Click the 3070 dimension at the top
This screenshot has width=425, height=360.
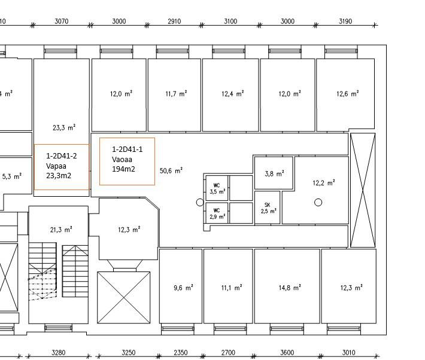[62, 21]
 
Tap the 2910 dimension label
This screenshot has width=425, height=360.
[174, 21]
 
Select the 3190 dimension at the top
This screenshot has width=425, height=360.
[345, 21]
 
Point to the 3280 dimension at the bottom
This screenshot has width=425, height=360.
[59, 352]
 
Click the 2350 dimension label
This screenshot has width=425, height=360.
[181, 352]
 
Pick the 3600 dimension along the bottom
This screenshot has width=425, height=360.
[287, 352]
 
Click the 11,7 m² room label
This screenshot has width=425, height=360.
[176, 94]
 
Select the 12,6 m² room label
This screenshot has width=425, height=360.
[347, 94]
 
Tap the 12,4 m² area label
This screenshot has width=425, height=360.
[233, 94]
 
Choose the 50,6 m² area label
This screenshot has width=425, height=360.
[171, 170]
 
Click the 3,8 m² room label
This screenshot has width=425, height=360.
[274, 173]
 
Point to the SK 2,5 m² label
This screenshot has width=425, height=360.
[268, 208]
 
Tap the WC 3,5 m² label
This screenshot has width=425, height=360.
[217, 188]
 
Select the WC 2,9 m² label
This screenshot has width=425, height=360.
[217, 213]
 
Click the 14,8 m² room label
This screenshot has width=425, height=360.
[290, 288]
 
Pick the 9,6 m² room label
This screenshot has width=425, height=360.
[183, 288]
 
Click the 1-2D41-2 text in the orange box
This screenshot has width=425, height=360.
[61, 155]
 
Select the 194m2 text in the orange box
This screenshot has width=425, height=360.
[123, 169]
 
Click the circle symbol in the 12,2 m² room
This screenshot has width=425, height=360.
[318, 202]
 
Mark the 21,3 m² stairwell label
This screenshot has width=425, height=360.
[61, 230]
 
